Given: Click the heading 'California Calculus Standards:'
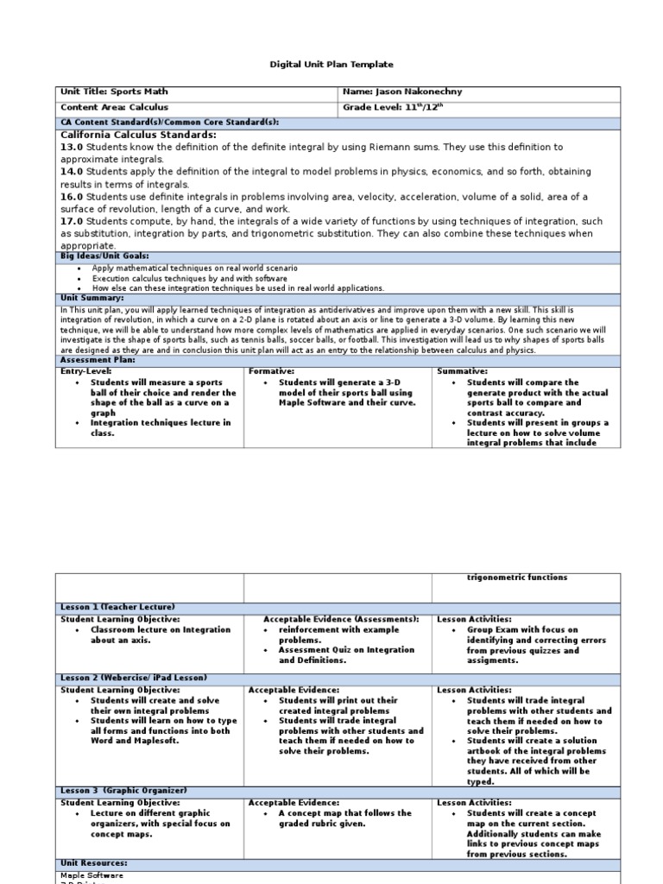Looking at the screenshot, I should click(x=138, y=136).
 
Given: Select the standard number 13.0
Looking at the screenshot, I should click(x=71, y=148).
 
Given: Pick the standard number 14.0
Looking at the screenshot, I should click(x=71, y=173).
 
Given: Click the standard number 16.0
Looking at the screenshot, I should click(x=71, y=197).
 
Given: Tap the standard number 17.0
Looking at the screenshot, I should click(x=71, y=221).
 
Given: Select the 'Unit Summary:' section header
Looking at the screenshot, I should click(x=92, y=298).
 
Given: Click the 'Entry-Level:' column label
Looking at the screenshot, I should click(x=86, y=371).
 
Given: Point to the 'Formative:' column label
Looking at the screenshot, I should click(x=271, y=371).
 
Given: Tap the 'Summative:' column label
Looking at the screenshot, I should click(x=463, y=371).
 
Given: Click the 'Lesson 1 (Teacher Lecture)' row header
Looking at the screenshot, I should click(x=117, y=608).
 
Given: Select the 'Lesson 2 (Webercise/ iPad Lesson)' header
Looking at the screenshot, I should click(x=133, y=679).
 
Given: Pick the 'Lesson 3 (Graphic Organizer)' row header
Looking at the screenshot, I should click(x=123, y=791).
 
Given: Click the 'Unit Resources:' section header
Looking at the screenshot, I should click(x=93, y=862).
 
